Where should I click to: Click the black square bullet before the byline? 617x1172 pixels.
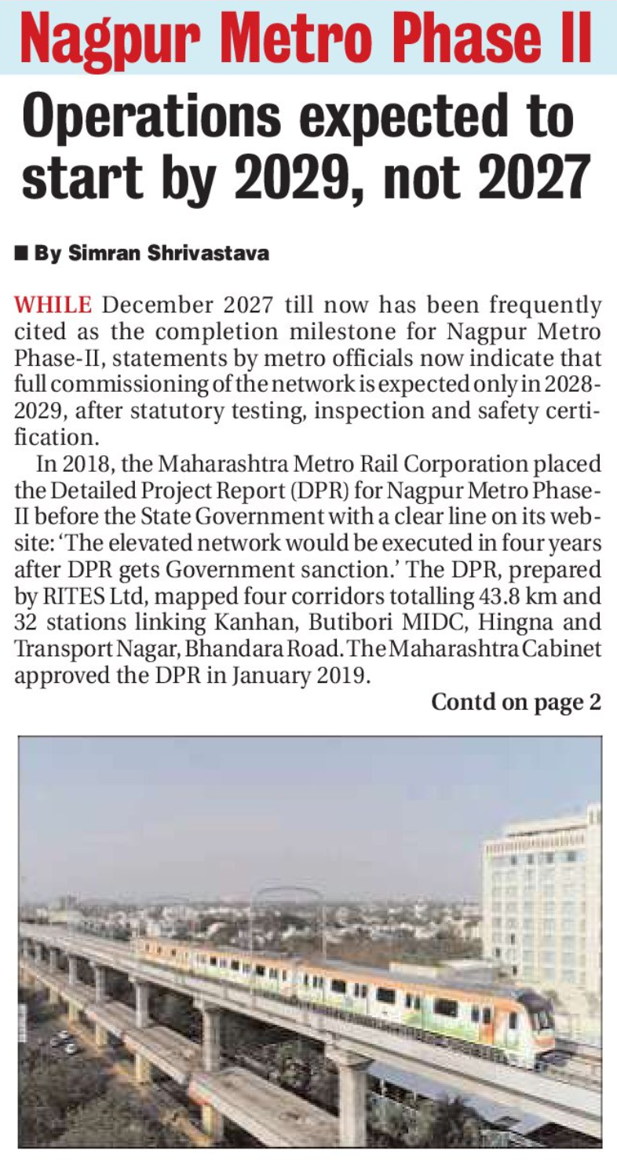(21, 254)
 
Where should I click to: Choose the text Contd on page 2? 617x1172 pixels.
(516, 701)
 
